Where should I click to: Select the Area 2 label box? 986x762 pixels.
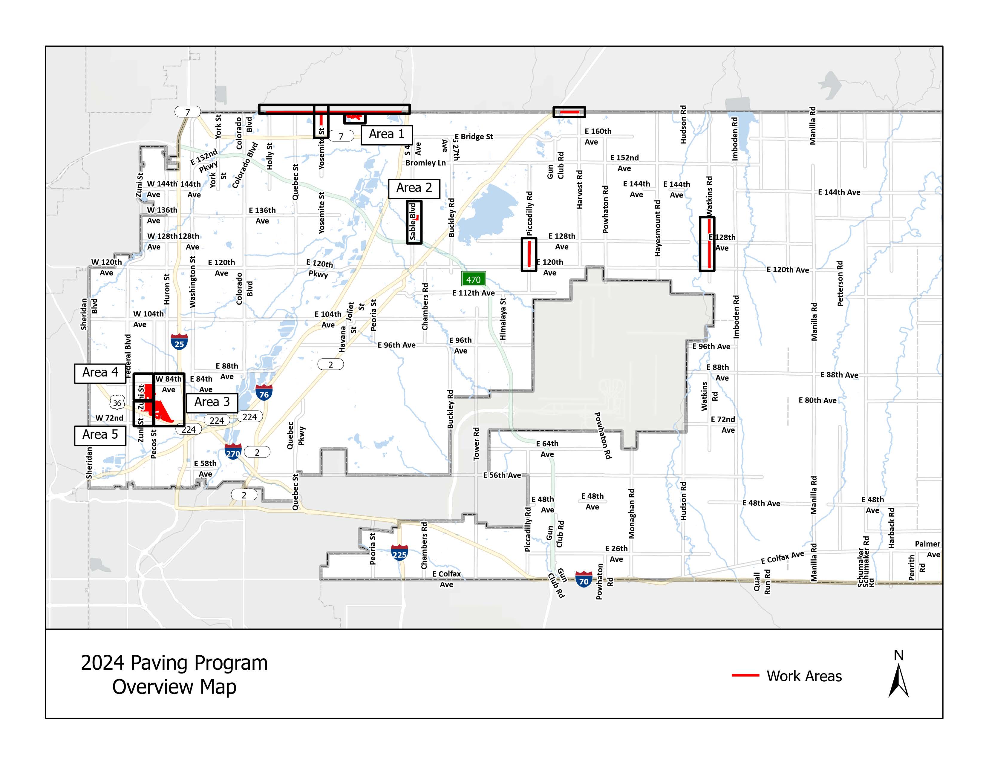(414, 188)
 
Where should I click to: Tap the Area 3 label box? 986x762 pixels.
(212, 402)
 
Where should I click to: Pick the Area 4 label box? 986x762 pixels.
(100, 373)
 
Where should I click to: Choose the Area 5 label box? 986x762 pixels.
(100, 435)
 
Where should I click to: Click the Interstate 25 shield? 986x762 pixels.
(179, 342)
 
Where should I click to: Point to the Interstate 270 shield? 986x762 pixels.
(233, 452)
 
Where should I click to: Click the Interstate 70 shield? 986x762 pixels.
(584, 579)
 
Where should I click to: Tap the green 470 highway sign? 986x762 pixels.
(473, 279)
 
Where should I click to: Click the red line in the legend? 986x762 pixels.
(745, 675)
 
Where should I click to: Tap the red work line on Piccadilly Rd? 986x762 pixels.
(529, 254)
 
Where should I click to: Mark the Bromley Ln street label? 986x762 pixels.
(425, 163)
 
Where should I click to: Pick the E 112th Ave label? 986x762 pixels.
(474, 293)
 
